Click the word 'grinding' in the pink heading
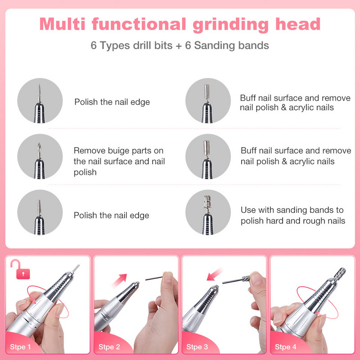click(230, 25)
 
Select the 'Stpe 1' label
click(20, 346)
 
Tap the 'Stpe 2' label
click(109, 346)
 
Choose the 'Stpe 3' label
click(197, 346)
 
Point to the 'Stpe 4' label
click(286, 346)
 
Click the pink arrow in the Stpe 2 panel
click(120, 280)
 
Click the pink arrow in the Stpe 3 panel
click(215, 274)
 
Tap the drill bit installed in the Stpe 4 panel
click(339, 274)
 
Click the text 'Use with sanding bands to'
click(292, 210)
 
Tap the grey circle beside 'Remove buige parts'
click(40, 157)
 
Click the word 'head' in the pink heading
click(298, 24)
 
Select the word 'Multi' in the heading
click(62, 24)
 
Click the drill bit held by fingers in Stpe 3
click(236, 280)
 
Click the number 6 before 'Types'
click(94, 45)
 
